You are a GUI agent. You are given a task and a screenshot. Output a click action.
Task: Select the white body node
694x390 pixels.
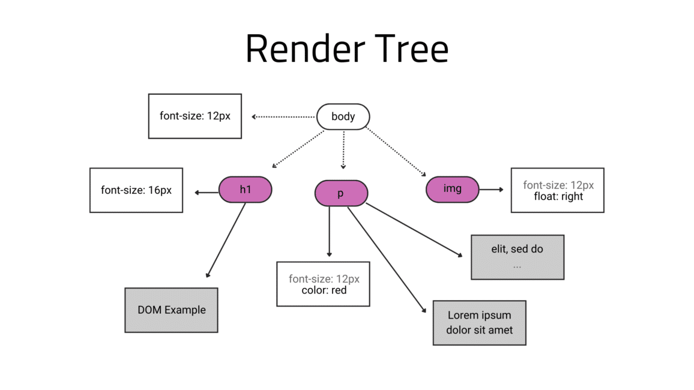click(343, 116)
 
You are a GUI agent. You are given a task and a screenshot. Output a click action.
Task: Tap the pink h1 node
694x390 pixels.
click(245, 190)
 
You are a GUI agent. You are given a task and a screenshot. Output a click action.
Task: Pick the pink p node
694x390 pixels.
click(341, 193)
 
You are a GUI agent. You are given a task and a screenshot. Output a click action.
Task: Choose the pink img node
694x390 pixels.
click(452, 189)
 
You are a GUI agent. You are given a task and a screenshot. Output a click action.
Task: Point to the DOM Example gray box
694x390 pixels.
click(171, 310)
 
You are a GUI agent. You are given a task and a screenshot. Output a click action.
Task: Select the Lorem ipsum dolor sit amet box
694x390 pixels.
click(479, 323)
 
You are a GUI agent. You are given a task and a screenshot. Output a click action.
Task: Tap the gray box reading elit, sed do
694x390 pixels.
click(517, 257)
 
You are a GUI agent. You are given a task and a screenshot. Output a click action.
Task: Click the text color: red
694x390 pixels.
click(324, 290)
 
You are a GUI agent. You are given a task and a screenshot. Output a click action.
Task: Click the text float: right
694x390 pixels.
click(558, 196)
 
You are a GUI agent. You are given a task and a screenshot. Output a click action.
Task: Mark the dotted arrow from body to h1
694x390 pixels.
click(298, 149)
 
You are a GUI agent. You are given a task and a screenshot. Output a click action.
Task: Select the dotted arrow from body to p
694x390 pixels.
click(343, 150)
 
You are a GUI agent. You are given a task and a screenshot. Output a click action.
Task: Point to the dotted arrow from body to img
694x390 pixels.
click(396, 152)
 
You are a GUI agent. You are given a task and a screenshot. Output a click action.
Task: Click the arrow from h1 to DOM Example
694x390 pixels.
click(226, 240)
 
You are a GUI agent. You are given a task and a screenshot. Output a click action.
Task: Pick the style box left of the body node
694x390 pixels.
click(195, 116)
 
